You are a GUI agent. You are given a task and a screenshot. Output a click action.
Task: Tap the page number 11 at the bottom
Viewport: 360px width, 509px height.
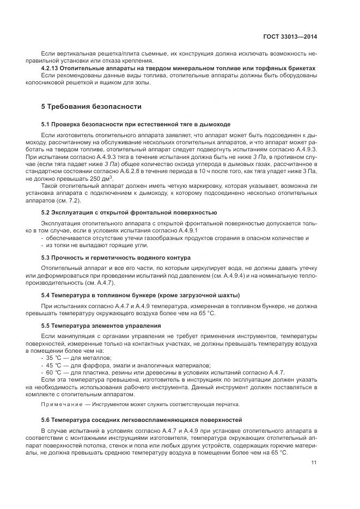coord(314,463)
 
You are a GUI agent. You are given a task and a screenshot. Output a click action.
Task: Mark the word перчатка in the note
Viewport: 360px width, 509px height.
coord(225,404)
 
